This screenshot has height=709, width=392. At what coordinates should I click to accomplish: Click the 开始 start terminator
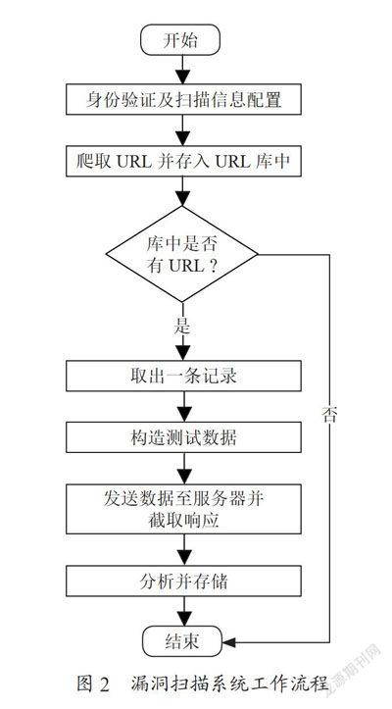181,40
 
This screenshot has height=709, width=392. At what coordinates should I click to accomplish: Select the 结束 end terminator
182,641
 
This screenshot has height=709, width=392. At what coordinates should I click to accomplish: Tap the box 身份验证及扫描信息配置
183,99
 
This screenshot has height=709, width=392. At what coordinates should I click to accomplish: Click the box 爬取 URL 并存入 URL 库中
183,161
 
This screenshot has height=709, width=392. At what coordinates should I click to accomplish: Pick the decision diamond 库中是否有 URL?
181,254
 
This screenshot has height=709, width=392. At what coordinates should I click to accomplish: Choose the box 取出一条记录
183,376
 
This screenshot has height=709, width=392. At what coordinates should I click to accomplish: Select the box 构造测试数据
183,437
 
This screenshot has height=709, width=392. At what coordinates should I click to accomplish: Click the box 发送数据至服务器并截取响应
183,509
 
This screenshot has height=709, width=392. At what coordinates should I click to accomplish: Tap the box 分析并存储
183,582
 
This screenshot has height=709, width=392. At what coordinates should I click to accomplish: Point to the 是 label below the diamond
181,326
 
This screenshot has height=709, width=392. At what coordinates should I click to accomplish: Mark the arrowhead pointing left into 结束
228,642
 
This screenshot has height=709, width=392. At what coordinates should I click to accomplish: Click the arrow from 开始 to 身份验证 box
182,70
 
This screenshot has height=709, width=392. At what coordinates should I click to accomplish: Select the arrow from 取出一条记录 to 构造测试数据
183,407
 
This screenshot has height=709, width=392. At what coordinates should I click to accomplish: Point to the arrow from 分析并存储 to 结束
183,611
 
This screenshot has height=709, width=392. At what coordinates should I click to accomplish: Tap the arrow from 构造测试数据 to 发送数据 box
183,469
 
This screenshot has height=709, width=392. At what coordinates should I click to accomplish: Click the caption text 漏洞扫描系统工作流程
229,683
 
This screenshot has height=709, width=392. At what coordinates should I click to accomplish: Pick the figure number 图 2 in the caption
94,684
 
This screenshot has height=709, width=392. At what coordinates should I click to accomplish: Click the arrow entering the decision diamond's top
182,191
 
